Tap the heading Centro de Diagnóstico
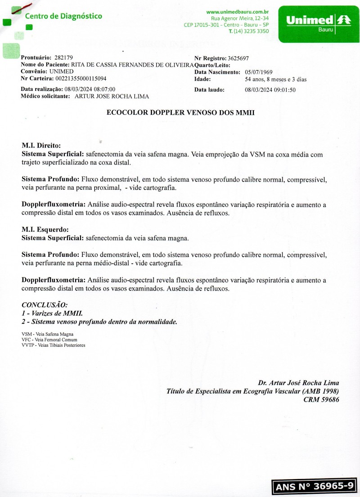(63, 16)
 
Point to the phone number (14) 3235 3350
(251, 31)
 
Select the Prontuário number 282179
(63, 58)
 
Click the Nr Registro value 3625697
(238, 58)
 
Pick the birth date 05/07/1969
(258, 72)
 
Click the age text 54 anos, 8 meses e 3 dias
(275, 79)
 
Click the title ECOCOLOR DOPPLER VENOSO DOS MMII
(180, 113)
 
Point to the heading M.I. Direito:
(41, 146)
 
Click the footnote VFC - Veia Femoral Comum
(46, 340)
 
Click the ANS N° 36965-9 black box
(315, 487)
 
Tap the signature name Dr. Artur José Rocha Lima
(298, 383)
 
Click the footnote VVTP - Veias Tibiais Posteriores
(53, 345)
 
